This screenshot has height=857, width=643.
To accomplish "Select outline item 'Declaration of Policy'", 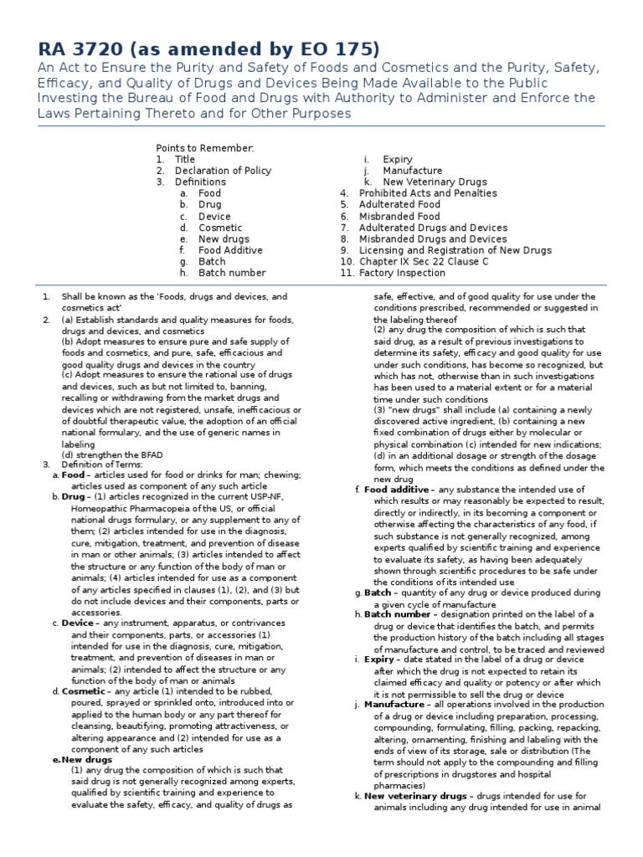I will tap(223, 171).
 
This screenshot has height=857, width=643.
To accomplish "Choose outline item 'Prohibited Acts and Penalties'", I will tap(427, 193).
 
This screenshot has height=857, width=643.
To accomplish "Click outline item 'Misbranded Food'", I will tap(399, 216).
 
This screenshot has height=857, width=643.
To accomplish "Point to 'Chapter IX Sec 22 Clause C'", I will tap(424, 262).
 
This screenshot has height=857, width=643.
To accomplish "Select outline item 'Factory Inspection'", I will tap(402, 273).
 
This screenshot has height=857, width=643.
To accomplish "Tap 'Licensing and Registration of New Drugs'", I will tap(455, 250).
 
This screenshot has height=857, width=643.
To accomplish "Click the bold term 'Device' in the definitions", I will tap(78, 622).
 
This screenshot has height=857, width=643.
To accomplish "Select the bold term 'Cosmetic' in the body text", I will tap(84, 691).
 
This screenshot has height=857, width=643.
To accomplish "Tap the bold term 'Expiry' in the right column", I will tap(378, 659).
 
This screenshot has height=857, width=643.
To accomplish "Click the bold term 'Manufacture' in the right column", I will tap(394, 705).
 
